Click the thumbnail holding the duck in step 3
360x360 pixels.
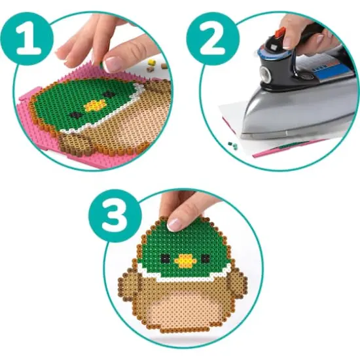pos(175,223)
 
